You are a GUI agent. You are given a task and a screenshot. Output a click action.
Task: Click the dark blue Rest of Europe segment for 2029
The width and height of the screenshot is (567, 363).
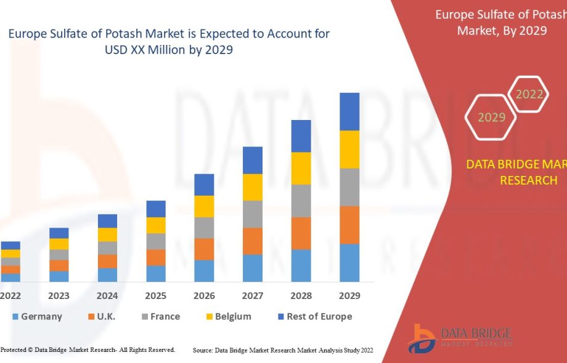349,111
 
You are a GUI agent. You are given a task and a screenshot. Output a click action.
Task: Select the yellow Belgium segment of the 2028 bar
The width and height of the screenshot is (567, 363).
301,168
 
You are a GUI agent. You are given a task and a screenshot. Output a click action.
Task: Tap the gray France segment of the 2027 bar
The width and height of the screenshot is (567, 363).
253,214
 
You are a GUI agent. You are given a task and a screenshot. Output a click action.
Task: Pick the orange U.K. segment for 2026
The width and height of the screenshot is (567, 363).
204,249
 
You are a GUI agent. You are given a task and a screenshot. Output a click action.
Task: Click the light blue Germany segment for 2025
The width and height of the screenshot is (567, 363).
156,274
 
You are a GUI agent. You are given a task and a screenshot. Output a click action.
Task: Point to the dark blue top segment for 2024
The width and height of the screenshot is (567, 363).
107,221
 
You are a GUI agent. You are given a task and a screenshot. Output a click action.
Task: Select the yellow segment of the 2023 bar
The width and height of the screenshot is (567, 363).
59,244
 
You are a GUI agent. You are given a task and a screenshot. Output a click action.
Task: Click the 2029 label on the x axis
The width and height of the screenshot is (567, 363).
349,296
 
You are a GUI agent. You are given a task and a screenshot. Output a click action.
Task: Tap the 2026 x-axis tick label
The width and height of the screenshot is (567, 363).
204,296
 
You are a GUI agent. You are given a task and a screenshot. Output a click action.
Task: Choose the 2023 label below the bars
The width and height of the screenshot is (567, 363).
59,296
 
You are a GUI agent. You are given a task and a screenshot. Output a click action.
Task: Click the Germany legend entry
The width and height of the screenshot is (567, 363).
37,316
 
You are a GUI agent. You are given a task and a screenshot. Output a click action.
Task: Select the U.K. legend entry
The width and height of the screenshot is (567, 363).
102,316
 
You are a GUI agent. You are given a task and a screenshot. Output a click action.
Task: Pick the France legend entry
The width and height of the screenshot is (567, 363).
160,316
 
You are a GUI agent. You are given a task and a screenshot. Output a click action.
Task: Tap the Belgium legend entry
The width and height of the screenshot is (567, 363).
228,316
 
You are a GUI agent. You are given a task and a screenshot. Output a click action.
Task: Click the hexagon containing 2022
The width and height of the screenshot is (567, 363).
529,94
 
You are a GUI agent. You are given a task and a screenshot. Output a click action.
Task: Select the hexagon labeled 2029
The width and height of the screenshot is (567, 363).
491,117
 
